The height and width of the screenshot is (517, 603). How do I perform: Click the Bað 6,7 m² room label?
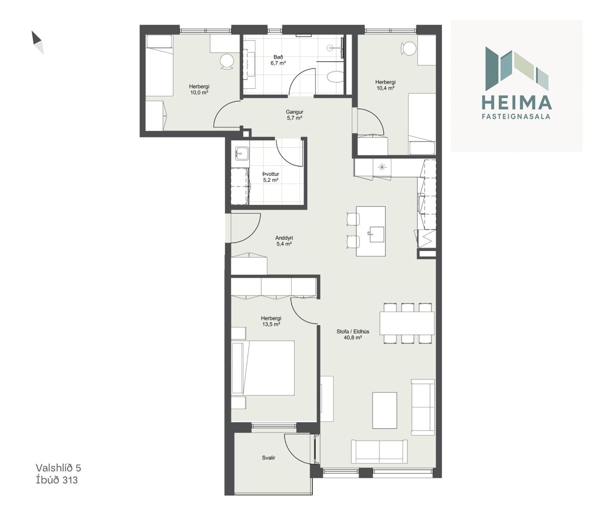[278, 60]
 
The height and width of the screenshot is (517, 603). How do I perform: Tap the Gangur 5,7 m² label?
[294, 115]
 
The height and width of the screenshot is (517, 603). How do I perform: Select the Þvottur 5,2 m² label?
[271, 177]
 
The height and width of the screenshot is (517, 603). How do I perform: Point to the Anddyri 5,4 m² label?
[284, 241]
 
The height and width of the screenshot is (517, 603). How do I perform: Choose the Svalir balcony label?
[268, 458]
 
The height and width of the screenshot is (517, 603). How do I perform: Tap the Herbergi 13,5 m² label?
[271, 321]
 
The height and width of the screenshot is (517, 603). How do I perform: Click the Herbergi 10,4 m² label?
[385, 85]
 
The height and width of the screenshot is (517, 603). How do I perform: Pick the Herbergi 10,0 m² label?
[199, 90]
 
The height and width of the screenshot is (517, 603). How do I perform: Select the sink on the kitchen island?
[377, 234]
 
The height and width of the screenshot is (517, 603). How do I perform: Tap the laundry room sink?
[242, 153]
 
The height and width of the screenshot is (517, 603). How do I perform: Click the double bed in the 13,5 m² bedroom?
[263, 368]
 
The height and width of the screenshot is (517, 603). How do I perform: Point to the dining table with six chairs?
[407, 323]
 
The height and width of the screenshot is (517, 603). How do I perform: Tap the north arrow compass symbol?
[37, 43]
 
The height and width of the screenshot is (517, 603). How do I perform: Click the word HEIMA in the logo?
[516, 103]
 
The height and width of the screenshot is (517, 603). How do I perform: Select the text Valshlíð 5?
[58, 468]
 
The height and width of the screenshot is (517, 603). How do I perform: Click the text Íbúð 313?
[57, 480]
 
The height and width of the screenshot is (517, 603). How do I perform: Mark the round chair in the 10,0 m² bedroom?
[227, 62]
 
